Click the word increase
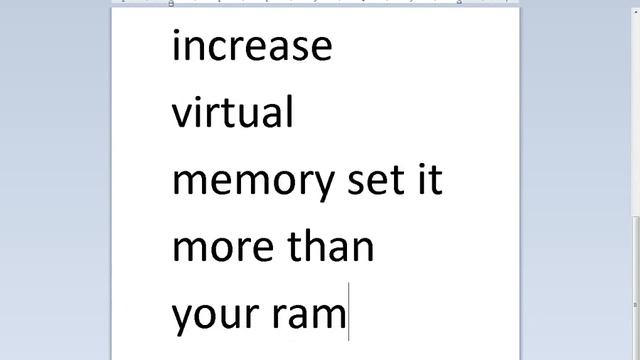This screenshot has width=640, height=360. point(251,46)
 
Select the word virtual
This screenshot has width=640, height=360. point(233,112)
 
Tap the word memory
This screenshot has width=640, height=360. point(253,182)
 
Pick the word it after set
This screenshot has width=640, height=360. point(429,180)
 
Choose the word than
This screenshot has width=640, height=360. point(331,245)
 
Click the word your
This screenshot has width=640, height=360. point(215,315)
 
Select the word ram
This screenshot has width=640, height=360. point(308,315)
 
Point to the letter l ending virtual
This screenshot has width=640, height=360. point(289,112)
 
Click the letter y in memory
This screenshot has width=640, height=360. point(322,186)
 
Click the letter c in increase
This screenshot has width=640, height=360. point(223,48)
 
